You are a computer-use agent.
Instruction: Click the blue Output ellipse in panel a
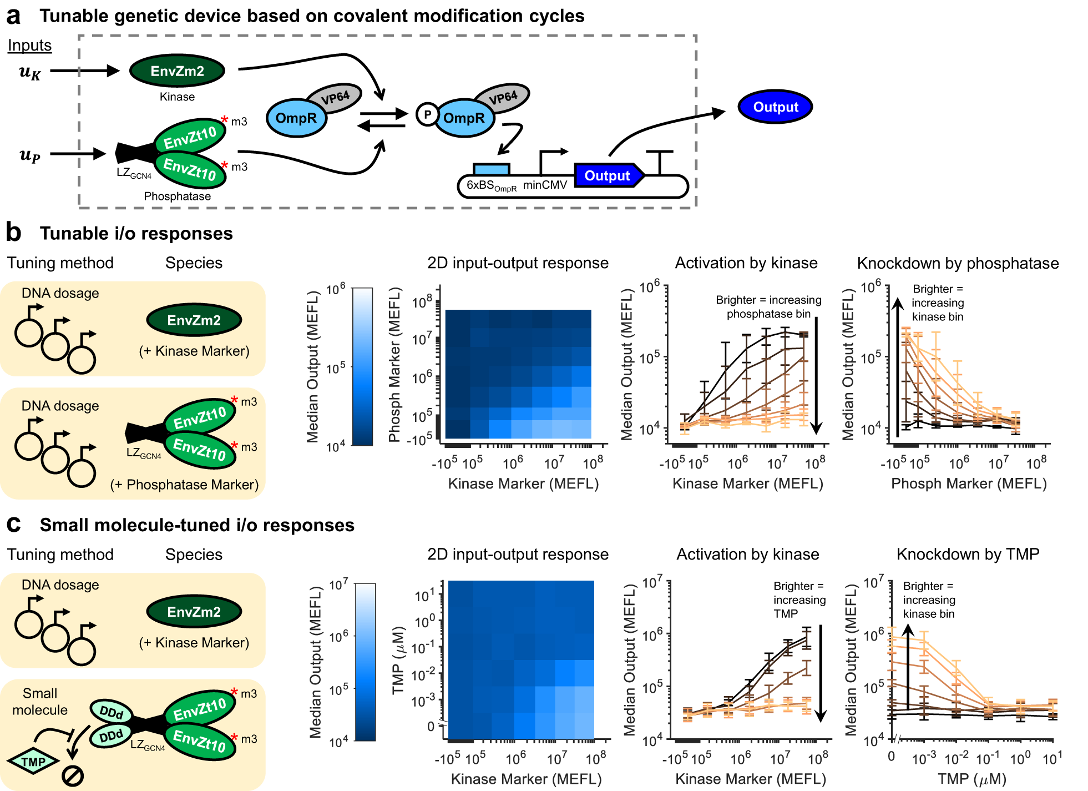pos(775,107)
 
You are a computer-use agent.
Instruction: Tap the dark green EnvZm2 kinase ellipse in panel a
pos(177,71)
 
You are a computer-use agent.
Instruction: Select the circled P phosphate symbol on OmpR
pos(427,115)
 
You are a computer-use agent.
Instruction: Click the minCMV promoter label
pos(545,185)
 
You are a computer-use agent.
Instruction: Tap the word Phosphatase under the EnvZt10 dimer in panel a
pos(177,196)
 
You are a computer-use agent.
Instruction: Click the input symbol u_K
pos(30,72)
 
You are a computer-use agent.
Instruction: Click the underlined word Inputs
pos(29,46)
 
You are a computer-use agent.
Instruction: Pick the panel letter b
pos(13,232)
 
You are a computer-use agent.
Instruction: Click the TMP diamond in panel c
pos(33,762)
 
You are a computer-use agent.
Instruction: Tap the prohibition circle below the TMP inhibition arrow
pos(73,775)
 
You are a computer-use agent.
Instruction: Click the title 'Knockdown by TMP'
pos(968,554)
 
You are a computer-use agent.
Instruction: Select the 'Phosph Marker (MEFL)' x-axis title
pos(969,483)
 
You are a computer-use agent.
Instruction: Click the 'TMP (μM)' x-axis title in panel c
pos(972,779)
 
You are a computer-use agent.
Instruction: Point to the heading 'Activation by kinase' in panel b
pos(746,263)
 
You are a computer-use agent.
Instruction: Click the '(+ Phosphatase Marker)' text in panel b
pos(184,485)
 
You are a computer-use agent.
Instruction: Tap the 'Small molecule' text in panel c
pos(40,702)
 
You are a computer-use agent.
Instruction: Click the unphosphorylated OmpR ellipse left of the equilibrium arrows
pos(296,118)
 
